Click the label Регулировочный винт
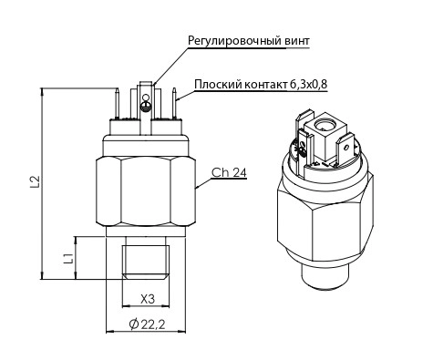(x=249, y=41)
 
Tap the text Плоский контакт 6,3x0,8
(x=261, y=85)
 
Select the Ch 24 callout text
(x=229, y=172)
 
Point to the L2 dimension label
(x=36, y=181)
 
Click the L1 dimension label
(x=68, y=258)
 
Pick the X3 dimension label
(x=148, y=299)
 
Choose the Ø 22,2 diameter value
(x=147, y=324)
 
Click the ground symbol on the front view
(x=146, y=107)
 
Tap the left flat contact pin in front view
(x=117, y=103)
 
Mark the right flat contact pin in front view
(x=174, y=103)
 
